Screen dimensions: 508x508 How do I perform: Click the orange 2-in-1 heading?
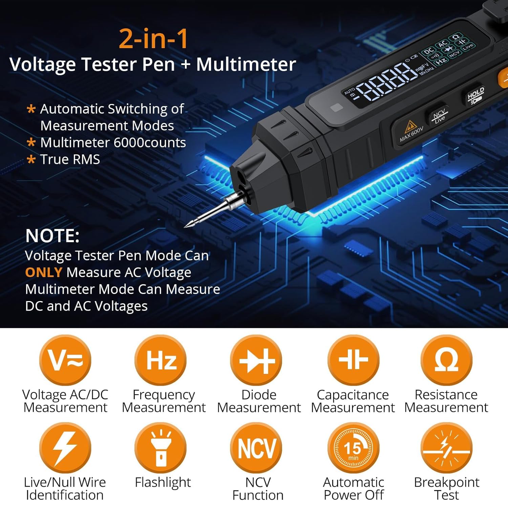coord(153,39)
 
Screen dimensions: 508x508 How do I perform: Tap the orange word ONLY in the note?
coord(43,272)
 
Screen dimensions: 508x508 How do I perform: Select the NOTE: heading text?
coord(52,236)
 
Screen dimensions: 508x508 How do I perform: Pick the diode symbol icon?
coord(256,360)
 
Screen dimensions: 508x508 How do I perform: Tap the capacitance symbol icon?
coord(353,360)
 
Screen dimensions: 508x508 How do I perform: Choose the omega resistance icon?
coord(446,360)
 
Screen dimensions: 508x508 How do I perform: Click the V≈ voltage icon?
coord(65,360)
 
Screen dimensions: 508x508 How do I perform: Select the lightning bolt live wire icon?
coord(65,447)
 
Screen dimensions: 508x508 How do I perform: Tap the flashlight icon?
coord(161,447)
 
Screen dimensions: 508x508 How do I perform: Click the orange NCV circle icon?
coord(256,447)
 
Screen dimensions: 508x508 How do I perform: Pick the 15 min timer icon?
coord(353,447)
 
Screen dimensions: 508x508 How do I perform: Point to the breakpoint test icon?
coord(446,447)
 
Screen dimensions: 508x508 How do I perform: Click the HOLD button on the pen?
coord(475,95)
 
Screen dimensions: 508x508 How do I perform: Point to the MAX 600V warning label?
coord(410,130)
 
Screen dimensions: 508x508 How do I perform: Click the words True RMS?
coord(70,159)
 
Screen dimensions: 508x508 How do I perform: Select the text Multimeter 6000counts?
coord(113,143)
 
